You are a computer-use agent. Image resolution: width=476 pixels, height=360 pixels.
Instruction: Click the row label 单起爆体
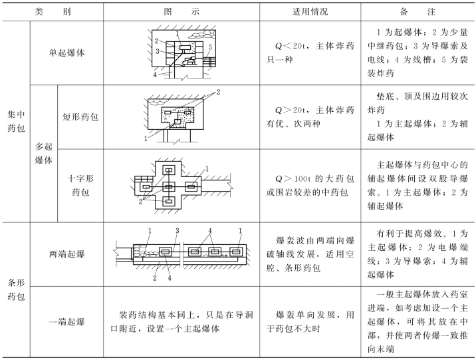click(x=66, y=53)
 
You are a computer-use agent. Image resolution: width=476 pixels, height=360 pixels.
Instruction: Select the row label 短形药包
click(x=80, y=117)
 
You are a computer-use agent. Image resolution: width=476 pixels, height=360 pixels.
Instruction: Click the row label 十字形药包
click(x=80, y=185)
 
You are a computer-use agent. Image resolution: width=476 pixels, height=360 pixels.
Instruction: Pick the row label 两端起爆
click(x=66, y=254)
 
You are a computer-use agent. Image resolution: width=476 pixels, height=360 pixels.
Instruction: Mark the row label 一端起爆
click(x=66, y=323)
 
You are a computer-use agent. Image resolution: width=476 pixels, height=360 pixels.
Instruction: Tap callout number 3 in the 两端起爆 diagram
click(x=178, y=230)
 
